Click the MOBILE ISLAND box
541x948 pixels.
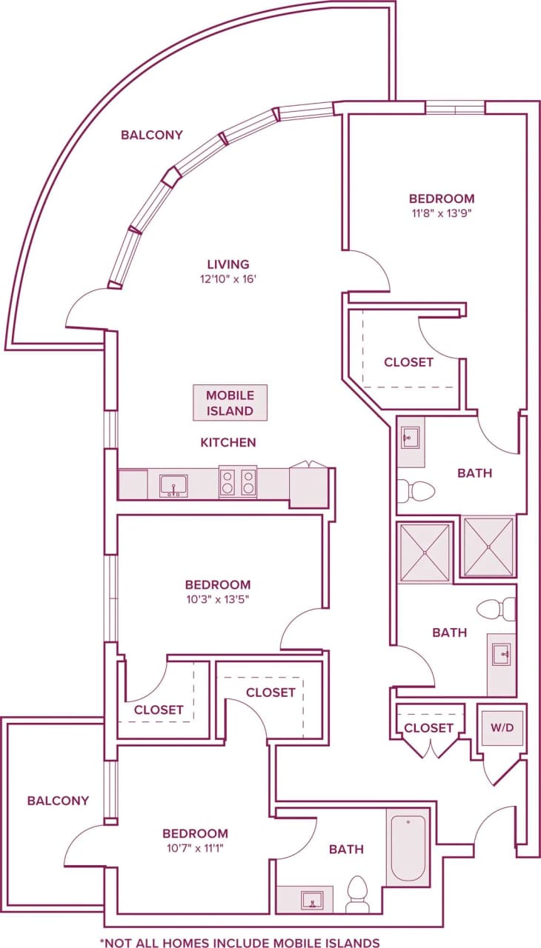(x=230, y=403)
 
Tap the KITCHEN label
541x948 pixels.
(x=228, y=442)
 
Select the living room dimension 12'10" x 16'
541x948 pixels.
(x=228, y=279)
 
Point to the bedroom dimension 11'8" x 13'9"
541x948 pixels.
(x=442, y=214)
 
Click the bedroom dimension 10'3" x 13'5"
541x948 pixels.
(x=218, y=600)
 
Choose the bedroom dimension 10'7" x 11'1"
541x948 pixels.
(x=196, y=849)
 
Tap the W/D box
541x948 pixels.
(x=502, y=728)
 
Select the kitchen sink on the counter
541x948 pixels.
(x=173, y=486)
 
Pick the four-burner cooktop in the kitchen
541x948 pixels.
(x=237, y=482)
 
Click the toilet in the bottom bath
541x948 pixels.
(x=358, y=894)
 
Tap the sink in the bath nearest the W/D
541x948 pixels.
(x=501, y=655)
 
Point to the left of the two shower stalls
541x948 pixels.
(x=424, y=552)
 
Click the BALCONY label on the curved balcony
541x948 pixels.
(x=152, y=135)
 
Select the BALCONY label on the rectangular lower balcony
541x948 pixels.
(x=58, y=801)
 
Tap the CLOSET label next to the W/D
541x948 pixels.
(x=428, y=728)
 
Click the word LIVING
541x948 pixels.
(x=228, y=264)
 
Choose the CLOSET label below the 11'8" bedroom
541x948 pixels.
(x=408, y=362)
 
